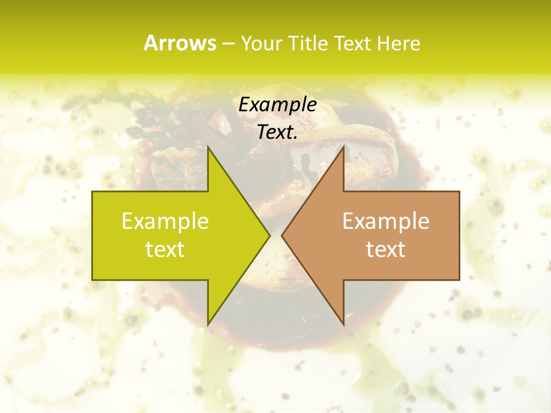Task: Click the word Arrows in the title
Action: [x=180, y=43]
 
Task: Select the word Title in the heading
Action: [x=311, y=44]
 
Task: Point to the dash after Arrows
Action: [x=228, y=44]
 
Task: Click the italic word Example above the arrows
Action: [x=277, y=104]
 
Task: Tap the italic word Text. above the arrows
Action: [x=277, y=133]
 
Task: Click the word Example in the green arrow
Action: [x=165, y=221]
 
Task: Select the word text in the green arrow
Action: [x=165, y=250]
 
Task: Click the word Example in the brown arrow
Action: [x=386, y=221]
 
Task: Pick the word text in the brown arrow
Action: [x=386, y=250]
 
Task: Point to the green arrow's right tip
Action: [x=270, y=235]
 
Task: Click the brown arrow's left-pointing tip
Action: [x=282, y=235]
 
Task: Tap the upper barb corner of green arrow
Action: [x=208, y=146]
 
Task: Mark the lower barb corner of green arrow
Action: [x=208, y=325]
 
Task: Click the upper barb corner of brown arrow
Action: [x=343, y=146]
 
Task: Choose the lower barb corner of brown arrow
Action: [x=343, y=325]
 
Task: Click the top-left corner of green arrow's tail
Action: [x=92, y=192]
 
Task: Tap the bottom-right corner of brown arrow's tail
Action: [x=459, y=280]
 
